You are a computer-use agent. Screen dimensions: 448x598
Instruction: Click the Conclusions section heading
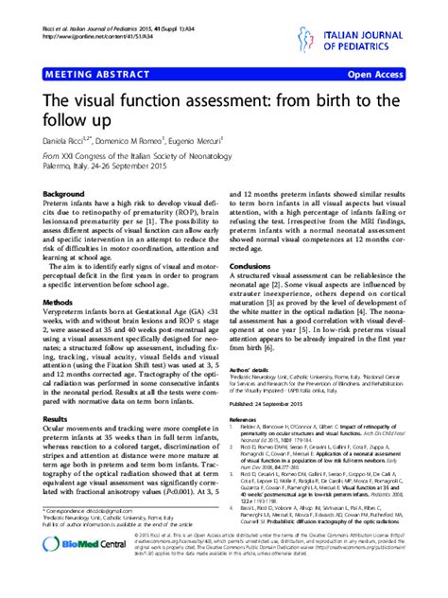pyautogui.click(x=258, y=267)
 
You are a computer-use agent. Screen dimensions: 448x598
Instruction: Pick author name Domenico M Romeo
pyautogui.click(x=140, y=140)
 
